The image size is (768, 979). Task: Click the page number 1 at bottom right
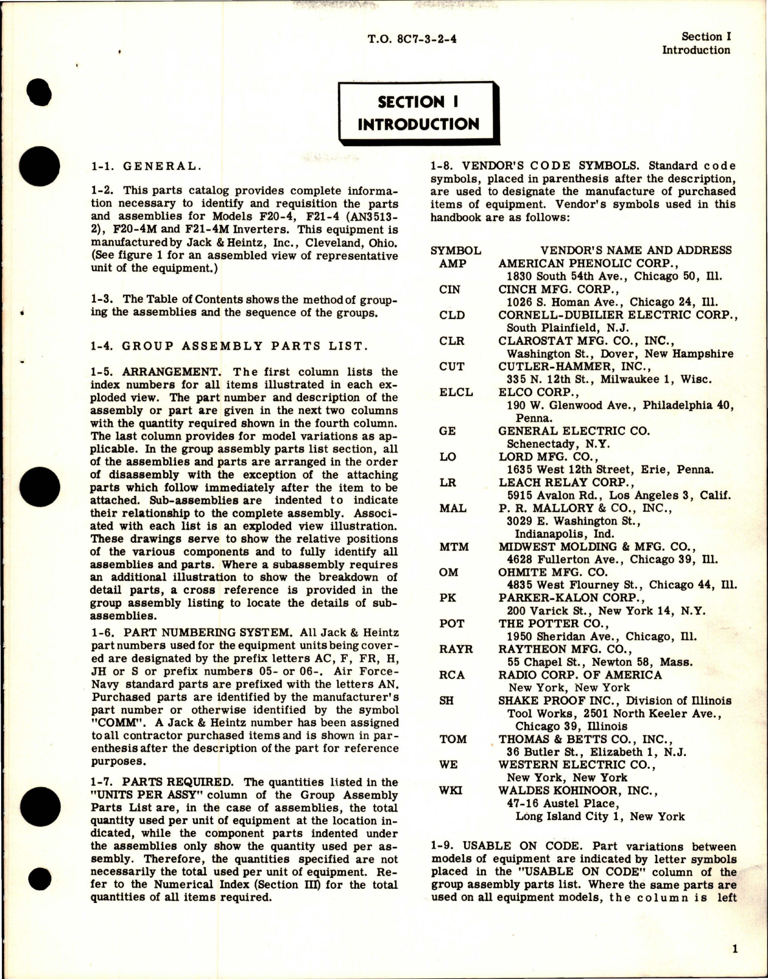point(735,949)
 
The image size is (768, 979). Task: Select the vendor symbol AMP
point(453,263)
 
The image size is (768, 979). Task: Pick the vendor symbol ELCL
point(456,392)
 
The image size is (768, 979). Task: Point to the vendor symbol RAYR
point(456,649)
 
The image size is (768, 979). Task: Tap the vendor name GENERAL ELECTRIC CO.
point(574,431)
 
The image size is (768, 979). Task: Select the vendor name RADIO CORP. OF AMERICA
point(580,675)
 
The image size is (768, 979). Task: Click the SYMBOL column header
point(456,250)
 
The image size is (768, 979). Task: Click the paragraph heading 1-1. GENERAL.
point(144,166)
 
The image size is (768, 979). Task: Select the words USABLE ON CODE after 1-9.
point(520,847)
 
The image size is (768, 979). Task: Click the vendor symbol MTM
point(454,546)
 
